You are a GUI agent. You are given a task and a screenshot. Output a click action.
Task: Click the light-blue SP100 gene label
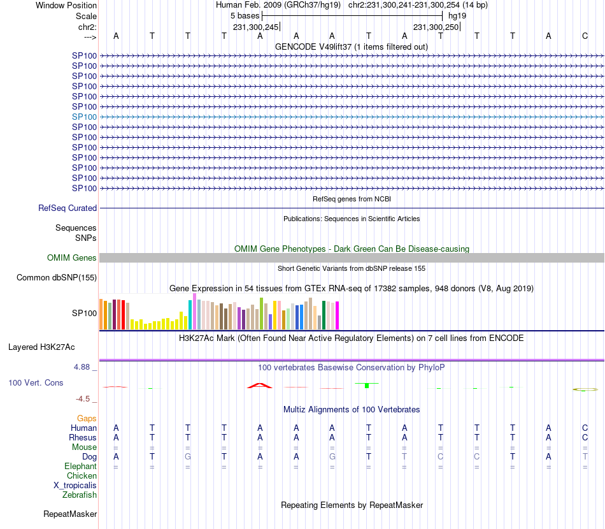[84, 117]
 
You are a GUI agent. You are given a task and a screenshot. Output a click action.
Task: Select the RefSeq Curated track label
[68, 208]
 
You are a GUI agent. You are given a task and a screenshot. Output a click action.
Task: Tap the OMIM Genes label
[72, 258]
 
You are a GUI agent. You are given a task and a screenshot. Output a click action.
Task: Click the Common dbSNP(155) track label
[57, 277]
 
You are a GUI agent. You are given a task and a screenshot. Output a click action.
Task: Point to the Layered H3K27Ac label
[41, 347]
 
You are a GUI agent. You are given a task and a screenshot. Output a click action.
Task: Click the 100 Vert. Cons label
[36, 383]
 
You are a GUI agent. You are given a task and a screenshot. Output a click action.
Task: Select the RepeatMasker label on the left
[70, 514]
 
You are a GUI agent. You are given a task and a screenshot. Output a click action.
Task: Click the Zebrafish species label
[80, 495]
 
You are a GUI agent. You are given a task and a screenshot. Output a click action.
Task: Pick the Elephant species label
[81, 467]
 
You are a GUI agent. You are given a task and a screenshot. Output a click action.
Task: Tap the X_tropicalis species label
[75, 485]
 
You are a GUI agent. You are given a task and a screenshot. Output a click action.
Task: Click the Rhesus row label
[83, 438]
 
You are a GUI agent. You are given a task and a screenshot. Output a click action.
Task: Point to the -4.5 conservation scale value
[83, 399]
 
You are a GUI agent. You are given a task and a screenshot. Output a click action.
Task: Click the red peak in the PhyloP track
[260, 385]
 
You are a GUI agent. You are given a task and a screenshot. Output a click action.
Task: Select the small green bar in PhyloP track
[367, 386]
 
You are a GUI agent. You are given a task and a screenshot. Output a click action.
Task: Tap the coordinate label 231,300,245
[255, 27]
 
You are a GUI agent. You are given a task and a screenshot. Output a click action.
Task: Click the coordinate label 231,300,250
[436, 27]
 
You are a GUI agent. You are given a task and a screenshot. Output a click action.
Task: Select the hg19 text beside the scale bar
[457, 15]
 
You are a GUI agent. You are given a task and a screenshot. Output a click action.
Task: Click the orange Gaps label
[87, 418]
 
